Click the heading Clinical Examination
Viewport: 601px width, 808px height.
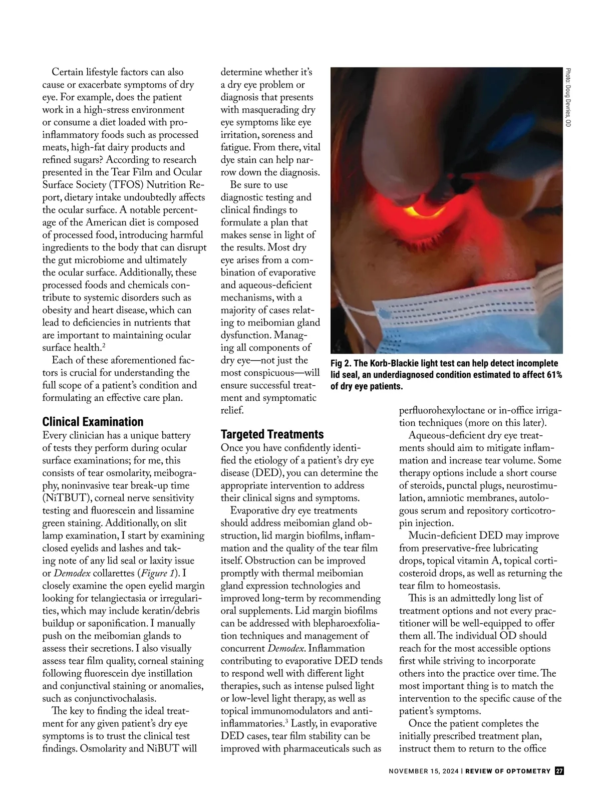point(93,422)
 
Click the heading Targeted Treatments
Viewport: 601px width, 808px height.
point(272,434)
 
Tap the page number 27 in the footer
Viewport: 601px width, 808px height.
point(559,771)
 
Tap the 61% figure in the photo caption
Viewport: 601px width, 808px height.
point(552,375)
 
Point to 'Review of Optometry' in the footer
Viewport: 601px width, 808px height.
point(508,771)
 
